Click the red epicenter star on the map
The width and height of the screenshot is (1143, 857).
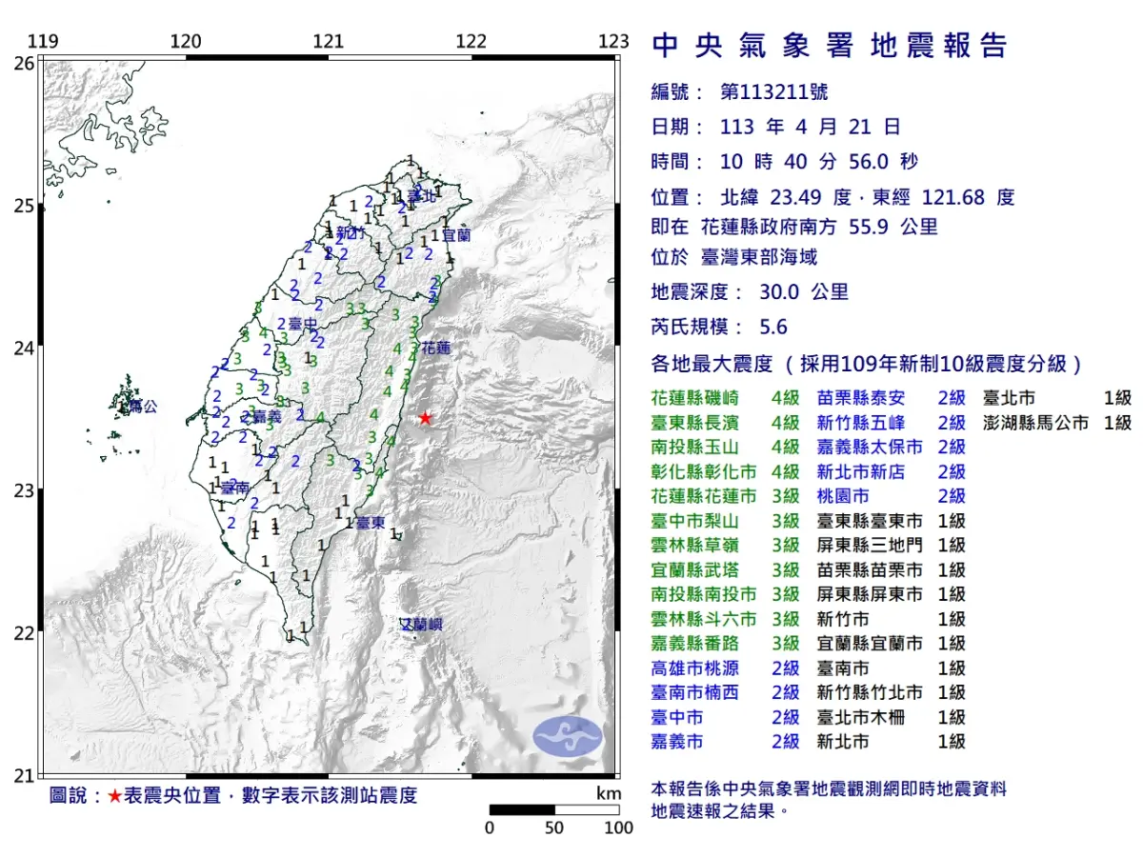tap(425, 418)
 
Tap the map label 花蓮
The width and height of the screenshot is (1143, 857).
tap(435, 349)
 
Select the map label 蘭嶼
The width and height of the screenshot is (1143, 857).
tap(422, 625)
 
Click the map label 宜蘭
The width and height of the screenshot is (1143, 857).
tap(456, 234)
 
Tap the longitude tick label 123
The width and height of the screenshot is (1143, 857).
tap(614, 42)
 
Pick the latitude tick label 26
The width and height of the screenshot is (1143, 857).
tap(23, 63)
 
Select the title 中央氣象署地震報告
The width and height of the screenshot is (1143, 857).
tap(828, 46)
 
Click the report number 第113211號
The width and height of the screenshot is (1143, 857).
tap(773, 92)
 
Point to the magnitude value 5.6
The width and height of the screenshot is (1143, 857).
tap(773, 328)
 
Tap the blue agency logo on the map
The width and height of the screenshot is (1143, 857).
tap(568, 737)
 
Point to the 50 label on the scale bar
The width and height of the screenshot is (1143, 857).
tap(554, 827)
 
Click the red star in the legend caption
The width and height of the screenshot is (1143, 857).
tap(114, 796)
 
